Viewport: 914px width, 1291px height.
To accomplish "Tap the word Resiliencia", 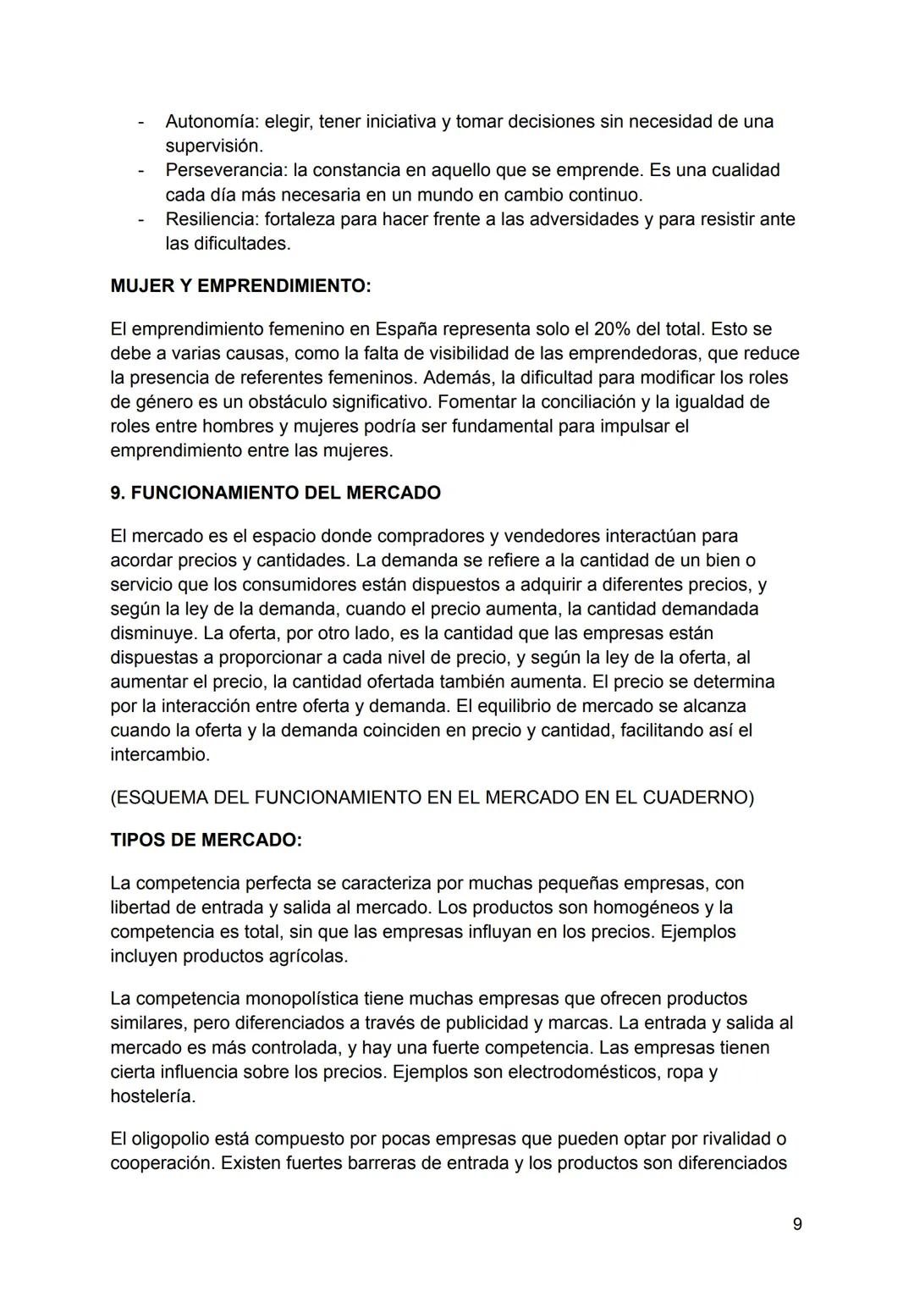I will pos(211,219).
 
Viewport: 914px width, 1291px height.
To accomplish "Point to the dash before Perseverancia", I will pos(141,170).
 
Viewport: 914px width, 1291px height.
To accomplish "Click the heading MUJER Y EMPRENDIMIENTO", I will pos(240,286).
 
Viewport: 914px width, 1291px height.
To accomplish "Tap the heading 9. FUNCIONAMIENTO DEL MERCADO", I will pos(275,493).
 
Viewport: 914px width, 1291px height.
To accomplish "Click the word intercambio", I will pos(159,754).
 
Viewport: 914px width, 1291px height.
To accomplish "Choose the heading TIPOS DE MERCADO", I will pos(206,840).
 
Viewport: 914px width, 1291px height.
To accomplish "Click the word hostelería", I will pos(151,1096).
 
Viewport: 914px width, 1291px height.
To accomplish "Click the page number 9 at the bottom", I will pos(797,1224).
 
